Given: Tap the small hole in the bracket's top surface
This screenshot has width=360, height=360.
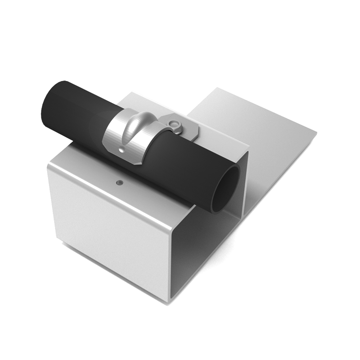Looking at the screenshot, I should click(119, 183).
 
